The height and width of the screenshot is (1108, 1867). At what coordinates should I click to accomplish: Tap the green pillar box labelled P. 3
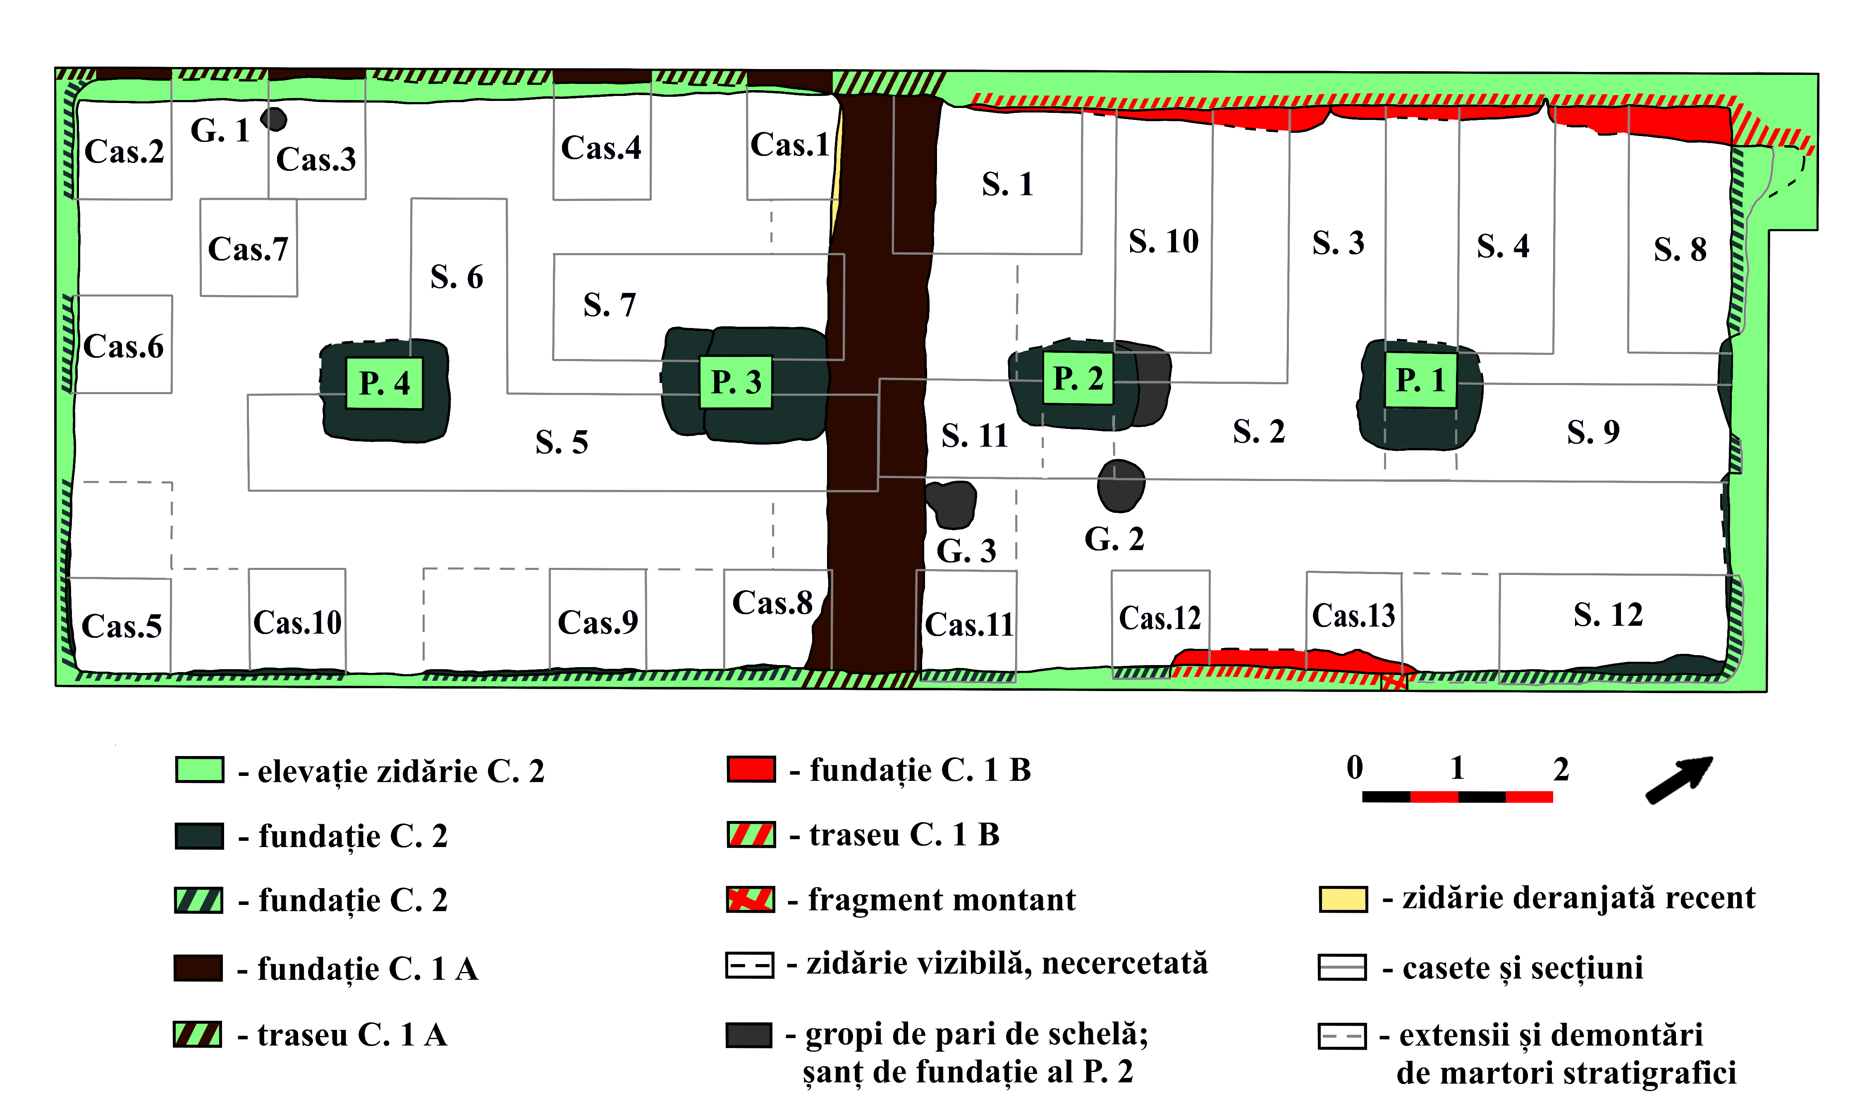click(x=735, y=381)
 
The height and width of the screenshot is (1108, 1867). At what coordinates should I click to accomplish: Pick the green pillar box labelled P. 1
click(x=1420, y=380)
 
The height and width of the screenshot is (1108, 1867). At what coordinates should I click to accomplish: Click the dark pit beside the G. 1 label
click(x=274, y=119)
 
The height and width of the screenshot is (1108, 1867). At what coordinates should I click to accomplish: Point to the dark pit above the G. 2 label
click(x=1121, y=485)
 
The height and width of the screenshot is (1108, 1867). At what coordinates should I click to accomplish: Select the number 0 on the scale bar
click(x=1354, y=768)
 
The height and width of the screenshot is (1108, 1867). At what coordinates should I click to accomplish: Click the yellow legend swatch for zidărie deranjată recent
click(x=1343, y=899)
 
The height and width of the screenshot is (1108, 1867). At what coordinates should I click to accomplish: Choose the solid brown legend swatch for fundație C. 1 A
click(x=198, y=968)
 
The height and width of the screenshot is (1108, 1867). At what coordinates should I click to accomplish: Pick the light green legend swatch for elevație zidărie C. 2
click(x=199, y=770)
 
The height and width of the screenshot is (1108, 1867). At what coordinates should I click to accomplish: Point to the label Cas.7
click(x=248, y=249)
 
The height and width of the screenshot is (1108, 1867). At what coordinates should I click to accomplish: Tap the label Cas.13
click(x=1353, y=616)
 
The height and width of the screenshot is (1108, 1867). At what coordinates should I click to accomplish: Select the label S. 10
click(x=1163, y=241)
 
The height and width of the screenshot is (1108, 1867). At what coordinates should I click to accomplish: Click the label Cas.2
click(x=124, y=151)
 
